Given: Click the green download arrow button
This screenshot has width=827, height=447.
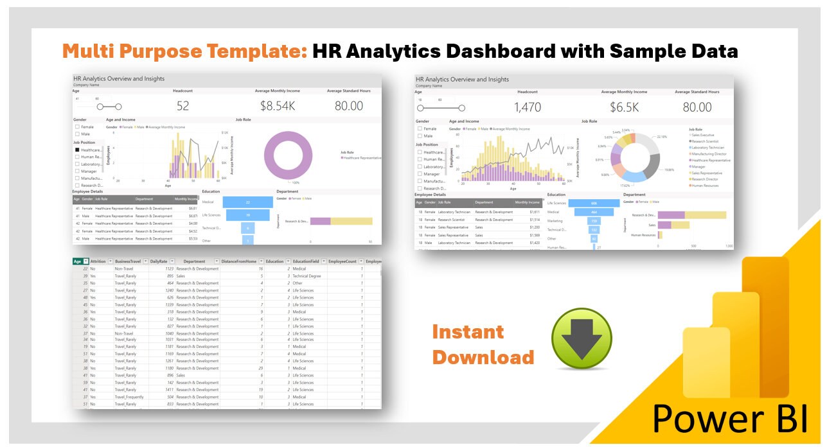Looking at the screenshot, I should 582,338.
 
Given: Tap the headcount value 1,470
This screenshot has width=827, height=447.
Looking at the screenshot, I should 528,107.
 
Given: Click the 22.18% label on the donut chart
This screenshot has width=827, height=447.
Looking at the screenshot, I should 661,137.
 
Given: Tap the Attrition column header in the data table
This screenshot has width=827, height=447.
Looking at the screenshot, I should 98,261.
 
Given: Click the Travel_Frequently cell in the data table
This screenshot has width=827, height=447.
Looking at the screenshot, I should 129,397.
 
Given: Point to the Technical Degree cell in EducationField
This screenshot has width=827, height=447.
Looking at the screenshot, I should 307,276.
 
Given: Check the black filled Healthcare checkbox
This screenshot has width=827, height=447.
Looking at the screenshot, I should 78,150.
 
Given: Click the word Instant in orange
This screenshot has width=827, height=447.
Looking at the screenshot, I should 468,332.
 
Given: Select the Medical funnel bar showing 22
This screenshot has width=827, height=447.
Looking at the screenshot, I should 247,202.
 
